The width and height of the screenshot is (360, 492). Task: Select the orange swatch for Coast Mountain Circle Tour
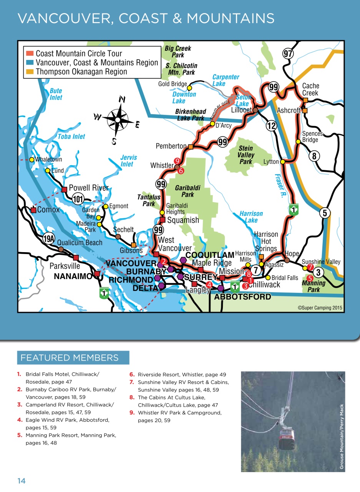coord(30,53)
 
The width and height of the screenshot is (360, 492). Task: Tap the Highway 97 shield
coord(288,54)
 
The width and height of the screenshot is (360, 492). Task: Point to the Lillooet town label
coord(241,110)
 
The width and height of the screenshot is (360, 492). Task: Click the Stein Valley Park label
coord(246,155)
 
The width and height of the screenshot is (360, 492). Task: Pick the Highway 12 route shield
coord(271,126)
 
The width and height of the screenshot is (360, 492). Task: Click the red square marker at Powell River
coord(65,189)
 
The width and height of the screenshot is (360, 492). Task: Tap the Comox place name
coord(48,210)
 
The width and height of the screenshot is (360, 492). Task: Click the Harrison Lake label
coord(251,217)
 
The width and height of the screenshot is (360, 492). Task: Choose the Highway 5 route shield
coord(325,213)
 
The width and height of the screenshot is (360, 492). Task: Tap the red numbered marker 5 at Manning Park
coord(310,278)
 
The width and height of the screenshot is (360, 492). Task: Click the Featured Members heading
coord(70,358)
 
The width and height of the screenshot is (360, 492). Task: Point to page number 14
coord(21,481)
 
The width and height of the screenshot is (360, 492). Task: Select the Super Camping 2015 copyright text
coord(320,308)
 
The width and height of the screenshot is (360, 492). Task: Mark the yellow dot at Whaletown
coord(32,160)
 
